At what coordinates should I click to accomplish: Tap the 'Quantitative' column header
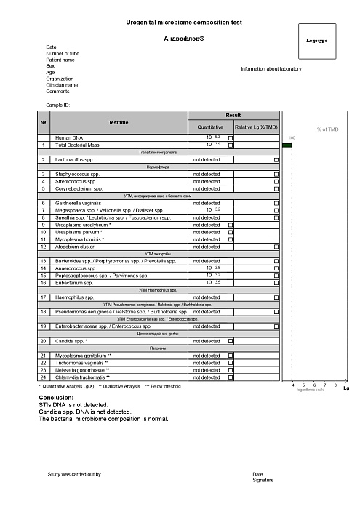click(x=210, y=127)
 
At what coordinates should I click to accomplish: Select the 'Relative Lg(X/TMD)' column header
click(x=257, y=127)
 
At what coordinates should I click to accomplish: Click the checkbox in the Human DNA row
click(x=231, y=137)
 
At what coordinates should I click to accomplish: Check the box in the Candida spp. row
click(x=231, y=341)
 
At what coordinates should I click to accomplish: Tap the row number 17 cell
click(x=44, y=297)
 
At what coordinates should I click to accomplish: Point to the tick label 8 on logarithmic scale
click(x=335, y=385)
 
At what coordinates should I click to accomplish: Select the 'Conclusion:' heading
click(x=56, y=398)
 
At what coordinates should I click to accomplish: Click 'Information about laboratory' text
click(x=276, y=68)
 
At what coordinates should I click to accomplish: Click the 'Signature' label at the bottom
click(x=263, y=481)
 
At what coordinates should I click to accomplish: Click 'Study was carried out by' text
click(x=74, y=474)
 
